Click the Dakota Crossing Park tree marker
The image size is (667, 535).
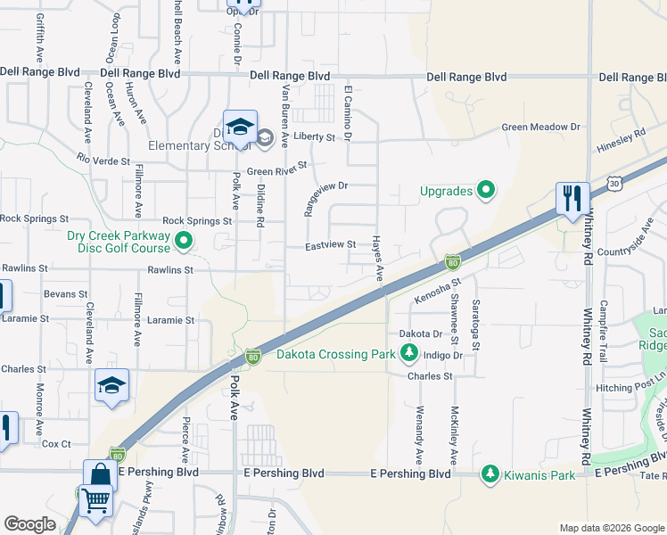tap(409, 355)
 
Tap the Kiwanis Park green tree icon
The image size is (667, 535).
tap(490, 474)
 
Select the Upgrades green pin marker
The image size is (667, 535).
tap(486, 189)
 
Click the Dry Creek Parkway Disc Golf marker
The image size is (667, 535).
tap(184, 240)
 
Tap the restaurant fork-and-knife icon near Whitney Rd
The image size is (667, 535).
tap(571, 197)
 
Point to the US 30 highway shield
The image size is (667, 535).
tap(613, 183)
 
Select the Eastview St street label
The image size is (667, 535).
tap(330, 244)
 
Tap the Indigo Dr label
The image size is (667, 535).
tap(443, 355)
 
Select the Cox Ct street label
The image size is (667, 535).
tap(55, 443)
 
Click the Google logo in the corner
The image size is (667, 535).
tap(29, 524)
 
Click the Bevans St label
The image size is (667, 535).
tap(65, 293)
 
